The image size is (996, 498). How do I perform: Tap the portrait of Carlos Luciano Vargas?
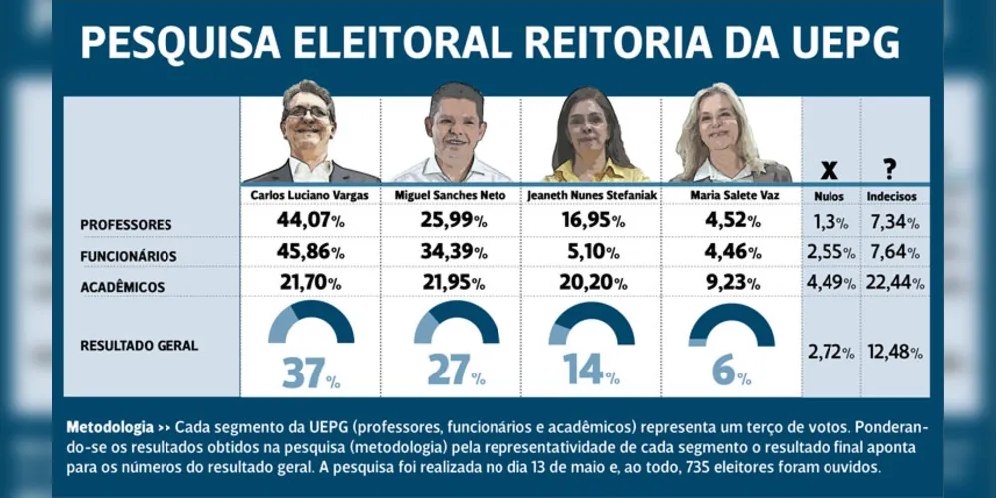311,131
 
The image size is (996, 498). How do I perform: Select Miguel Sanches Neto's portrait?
453,132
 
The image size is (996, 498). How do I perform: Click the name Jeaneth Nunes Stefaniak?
591,196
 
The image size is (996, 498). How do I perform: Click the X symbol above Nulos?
829,169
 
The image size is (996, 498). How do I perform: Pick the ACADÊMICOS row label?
122,287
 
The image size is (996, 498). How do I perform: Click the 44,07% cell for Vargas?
310,220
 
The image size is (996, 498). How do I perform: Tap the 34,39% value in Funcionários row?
453,251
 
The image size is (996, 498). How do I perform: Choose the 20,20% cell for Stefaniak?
592,282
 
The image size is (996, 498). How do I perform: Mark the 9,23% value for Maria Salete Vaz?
731,282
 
